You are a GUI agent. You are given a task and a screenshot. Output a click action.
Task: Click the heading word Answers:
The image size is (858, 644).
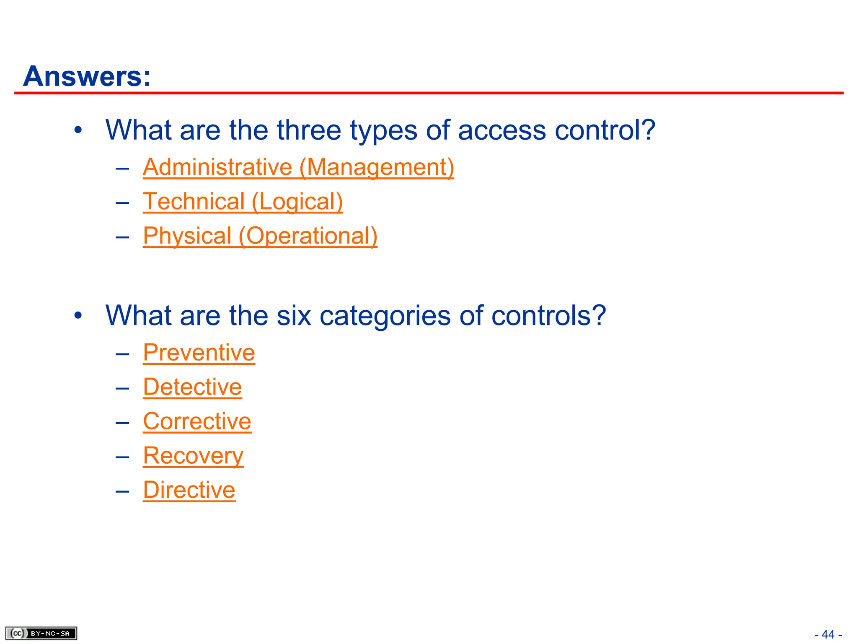pos(87,76)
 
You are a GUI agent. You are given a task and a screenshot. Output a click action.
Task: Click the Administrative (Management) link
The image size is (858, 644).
pos(298,167)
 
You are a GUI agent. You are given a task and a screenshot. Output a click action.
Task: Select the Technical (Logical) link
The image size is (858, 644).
pos(243,201)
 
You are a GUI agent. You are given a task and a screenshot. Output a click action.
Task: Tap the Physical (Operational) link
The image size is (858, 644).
pos(260,236)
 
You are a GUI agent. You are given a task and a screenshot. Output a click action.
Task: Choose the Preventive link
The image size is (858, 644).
pos(199,352)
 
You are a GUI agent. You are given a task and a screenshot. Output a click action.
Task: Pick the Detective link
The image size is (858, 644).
pos(192,387)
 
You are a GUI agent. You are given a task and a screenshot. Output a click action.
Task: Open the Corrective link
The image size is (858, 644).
pos(197,421)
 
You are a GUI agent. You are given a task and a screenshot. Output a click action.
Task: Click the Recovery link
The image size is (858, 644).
pos(193,455)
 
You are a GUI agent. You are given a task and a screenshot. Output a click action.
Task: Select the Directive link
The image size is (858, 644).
pos(189,490)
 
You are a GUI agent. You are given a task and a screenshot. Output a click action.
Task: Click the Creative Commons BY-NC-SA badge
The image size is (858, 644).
pos(41,633)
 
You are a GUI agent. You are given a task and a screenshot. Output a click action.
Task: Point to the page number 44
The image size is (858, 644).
pos(828,634)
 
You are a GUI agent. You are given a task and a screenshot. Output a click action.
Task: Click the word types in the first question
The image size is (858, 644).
pos(383,131)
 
